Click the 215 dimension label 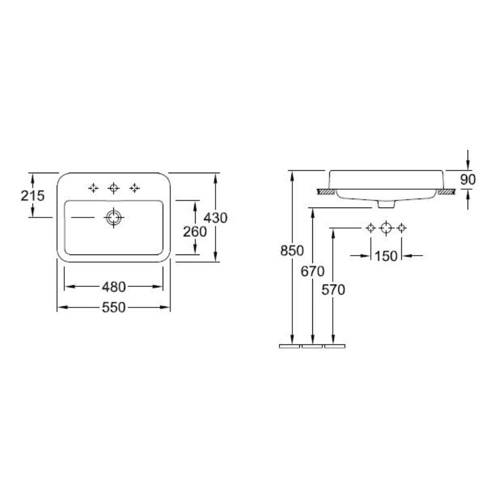[33, 196]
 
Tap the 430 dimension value [216, 218]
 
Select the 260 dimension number [195, 232]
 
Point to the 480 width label [114, 287]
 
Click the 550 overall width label [114, 307]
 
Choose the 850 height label [292, 251]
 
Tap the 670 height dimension [312, 271]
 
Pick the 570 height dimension [333, 290]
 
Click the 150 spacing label [386, 256]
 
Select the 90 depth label [468, 180]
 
